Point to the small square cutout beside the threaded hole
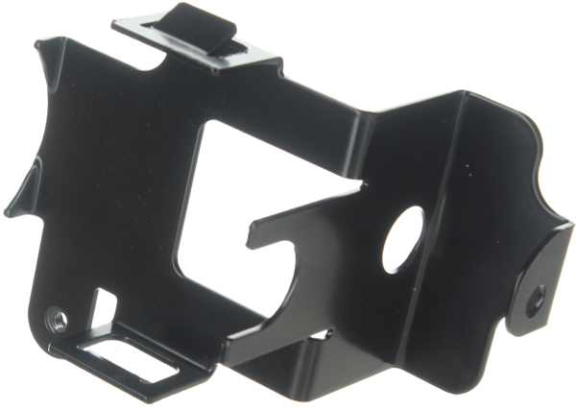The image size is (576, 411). coord(102,306)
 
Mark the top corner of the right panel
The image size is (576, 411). coord(465,91)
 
